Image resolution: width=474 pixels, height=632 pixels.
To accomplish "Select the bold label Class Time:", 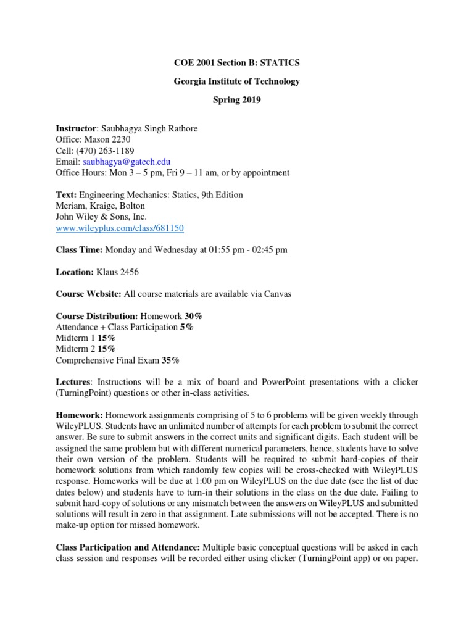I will pos(79,250).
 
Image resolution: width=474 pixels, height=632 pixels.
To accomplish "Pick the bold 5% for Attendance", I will pos(186,327).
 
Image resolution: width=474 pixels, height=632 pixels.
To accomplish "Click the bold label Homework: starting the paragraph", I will pos(78,415).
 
